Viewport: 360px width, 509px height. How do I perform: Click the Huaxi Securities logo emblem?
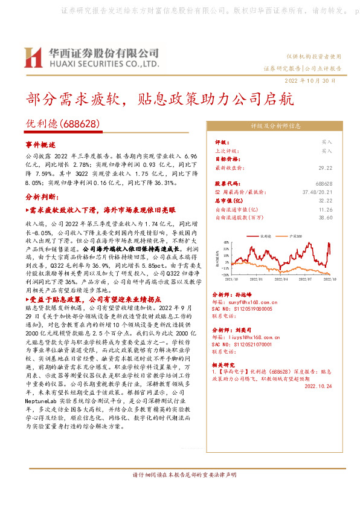[x=33, y=58]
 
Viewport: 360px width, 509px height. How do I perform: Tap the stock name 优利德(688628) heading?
[x=62, y=123]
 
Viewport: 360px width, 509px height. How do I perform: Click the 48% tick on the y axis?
[x=226, y=241]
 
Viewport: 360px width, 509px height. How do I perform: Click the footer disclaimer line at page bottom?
[x=179, y=492]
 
